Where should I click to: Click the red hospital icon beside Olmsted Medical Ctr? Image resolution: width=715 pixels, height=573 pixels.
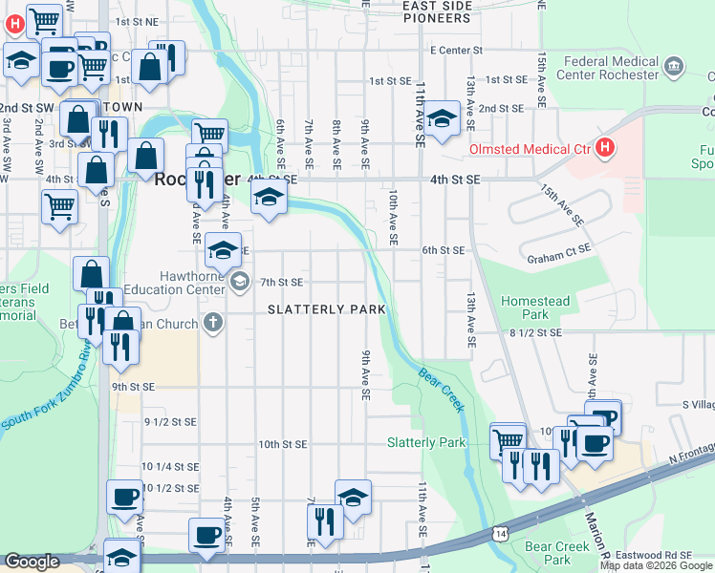(604, 148)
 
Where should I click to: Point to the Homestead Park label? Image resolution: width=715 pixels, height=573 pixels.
(534, 308)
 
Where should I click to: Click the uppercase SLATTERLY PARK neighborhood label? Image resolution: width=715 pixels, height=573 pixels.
(327, 309)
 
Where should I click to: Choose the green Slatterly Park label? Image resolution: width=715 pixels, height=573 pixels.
(425, 442)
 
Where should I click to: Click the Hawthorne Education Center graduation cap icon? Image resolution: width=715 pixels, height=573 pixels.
(239, 281)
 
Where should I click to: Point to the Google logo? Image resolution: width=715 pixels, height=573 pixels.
(32, 562)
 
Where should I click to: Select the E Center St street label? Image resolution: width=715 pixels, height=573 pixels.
(458, 50)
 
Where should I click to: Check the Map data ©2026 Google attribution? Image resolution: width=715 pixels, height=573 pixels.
(656, 565)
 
